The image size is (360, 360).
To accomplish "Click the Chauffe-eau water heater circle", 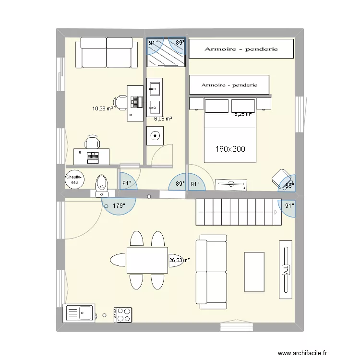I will (x=74, y=180).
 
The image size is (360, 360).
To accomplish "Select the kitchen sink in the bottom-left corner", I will (x=79, y=313).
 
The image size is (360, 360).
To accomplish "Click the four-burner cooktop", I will (x=123, y=315).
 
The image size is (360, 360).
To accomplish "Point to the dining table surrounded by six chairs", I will (x=147, y=260).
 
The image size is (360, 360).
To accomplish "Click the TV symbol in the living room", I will (x=286, y=267).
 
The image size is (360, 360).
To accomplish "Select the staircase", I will (x=238, y=212).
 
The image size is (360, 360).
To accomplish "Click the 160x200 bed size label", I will (x=230, y=149).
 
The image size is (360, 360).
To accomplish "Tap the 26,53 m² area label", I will (x=179, y=261).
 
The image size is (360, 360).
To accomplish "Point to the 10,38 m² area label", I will (x=102, y=108).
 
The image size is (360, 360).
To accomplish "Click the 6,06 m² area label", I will (x=163, y=118).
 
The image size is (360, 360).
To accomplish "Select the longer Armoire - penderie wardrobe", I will (x=241, y=49).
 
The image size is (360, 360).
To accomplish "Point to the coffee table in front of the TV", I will (x=254, y=272).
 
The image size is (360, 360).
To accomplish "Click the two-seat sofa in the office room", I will (x=106, y=52).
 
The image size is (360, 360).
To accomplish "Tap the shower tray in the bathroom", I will (x=166, y=52).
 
